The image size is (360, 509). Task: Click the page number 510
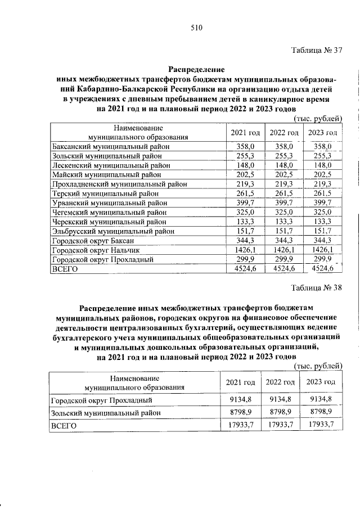pos(196,28)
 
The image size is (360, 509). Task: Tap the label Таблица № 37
pos(317,49)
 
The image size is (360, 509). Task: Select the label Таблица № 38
pos(317,289)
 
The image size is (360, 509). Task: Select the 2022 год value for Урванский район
pos(283,202)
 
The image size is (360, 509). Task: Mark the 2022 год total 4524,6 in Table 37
pos(282,269)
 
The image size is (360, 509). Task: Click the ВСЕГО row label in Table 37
pos(64,269)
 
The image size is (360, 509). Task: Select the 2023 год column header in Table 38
pos(321,382)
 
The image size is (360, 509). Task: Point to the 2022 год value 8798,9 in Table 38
pos(281,412)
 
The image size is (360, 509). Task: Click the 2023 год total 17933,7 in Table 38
pos(321,426)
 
